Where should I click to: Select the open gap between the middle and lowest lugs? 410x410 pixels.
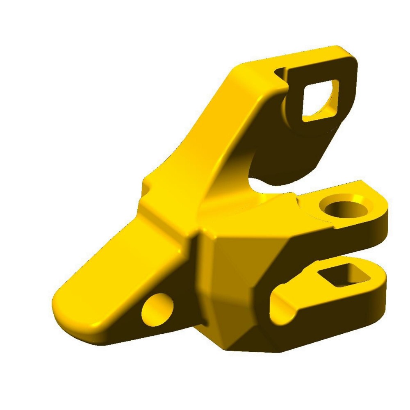(328, 256)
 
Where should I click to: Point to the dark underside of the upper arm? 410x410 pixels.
(287, 156)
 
